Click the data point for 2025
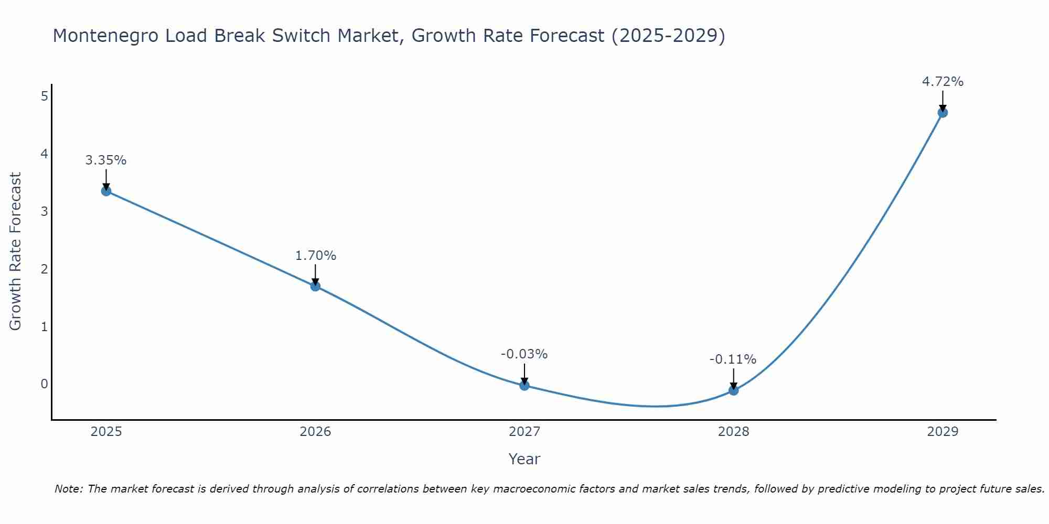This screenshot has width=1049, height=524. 106,191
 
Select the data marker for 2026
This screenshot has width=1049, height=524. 315,286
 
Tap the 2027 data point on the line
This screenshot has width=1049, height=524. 524,386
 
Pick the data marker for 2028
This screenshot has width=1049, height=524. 733,390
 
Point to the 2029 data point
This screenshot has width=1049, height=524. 943,112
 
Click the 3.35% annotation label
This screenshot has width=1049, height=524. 106,160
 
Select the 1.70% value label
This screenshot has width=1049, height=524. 315,256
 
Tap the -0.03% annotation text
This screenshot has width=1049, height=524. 524,354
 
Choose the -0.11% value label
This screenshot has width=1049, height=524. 733,359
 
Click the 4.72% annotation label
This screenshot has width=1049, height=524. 943,82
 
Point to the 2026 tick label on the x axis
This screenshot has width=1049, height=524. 315,432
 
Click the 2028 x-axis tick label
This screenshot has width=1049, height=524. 733,432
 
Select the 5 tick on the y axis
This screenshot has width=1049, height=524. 45,96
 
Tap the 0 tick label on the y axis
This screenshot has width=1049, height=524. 45,384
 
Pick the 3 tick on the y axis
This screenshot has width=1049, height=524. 45,211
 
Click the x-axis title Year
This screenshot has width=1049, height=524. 524,459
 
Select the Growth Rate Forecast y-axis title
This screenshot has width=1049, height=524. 16,252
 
